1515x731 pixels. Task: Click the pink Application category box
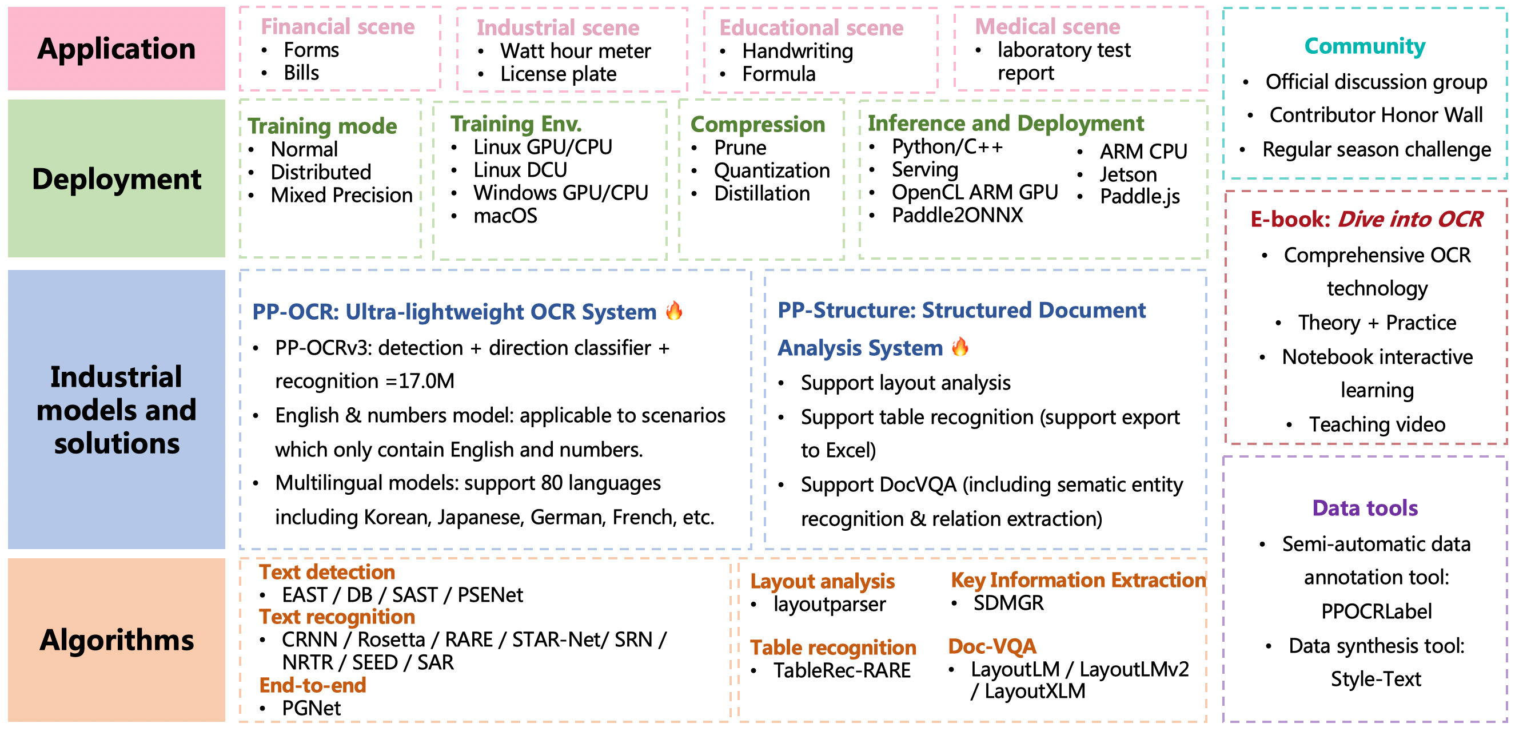[117, 48]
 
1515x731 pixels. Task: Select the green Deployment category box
[117, 178]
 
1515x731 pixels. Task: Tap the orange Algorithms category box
[117, 640]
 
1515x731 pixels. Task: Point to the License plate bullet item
[558, 74]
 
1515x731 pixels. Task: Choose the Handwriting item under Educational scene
[797, 51]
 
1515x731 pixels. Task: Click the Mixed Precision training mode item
[341, 195]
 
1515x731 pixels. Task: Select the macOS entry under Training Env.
[505, 216]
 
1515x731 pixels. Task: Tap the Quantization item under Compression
[772, 170]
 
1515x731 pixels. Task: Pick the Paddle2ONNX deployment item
[957, 216]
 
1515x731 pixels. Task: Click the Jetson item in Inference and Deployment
[1128, 175]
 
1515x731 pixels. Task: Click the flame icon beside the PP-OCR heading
[674, 310]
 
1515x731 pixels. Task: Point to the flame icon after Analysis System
[960, 347]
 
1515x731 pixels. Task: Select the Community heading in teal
[1365, 46]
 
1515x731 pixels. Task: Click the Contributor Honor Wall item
[1376, 115]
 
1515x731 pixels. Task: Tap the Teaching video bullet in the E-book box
[1377, 424]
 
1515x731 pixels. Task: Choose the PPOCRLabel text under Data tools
[1376, 611]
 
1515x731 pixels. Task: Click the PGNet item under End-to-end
[311, 708]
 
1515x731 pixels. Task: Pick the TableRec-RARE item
[842, 670]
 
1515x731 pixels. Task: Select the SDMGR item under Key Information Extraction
[1008, 603]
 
